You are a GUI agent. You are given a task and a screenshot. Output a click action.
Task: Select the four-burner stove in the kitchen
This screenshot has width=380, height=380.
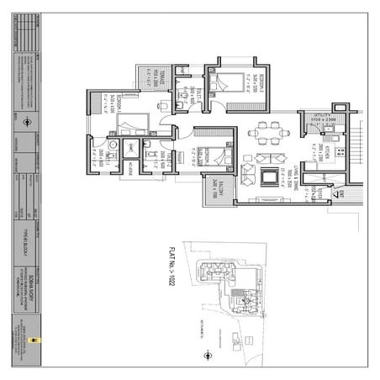[340, 152]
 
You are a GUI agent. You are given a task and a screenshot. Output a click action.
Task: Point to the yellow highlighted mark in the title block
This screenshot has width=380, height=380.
[31, 340]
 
